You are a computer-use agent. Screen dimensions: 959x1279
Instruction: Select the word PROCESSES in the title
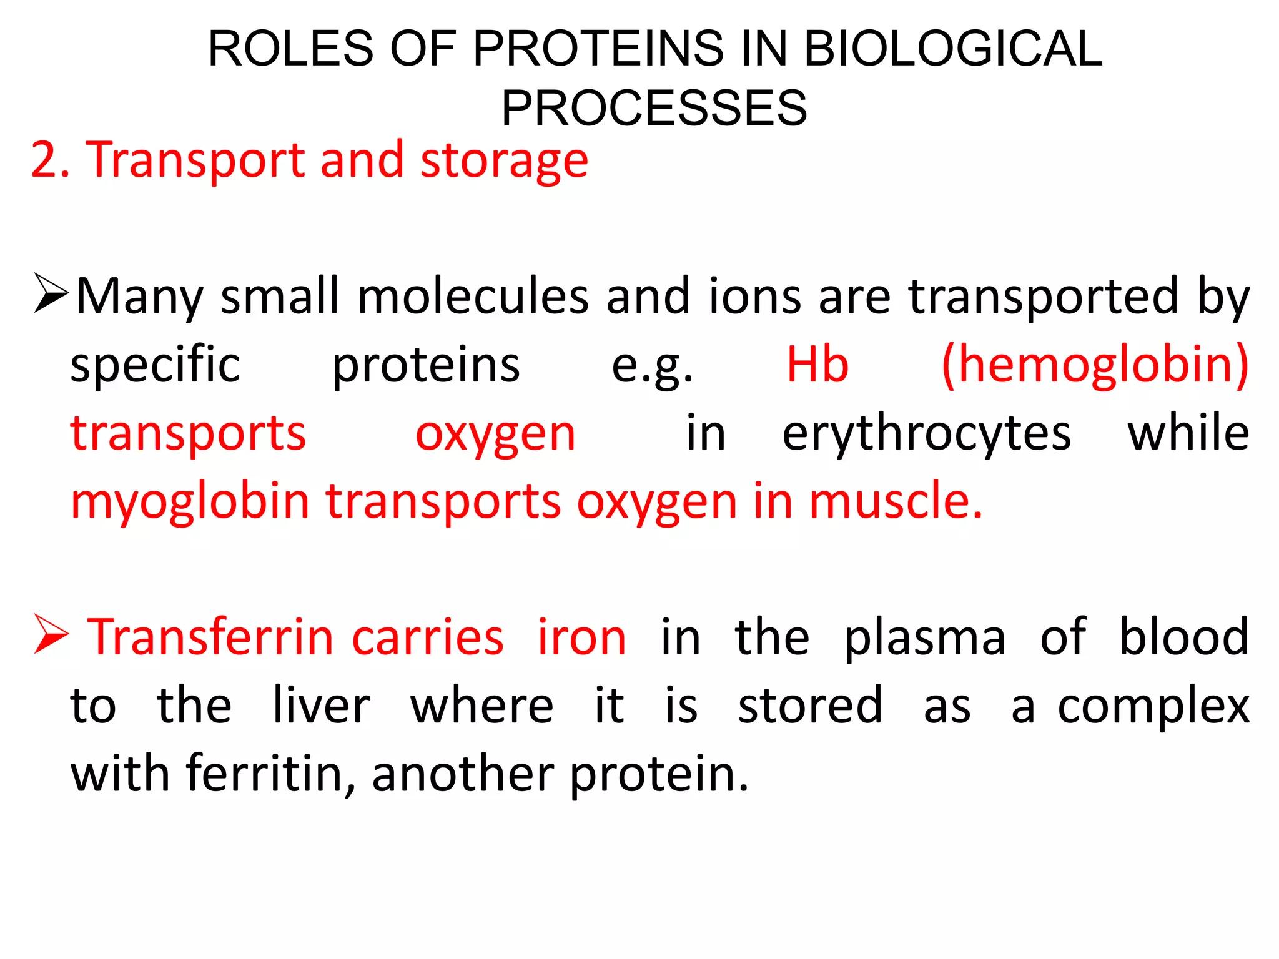(x=654, y=108)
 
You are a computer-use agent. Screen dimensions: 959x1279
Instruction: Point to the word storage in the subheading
(x=504, y=161)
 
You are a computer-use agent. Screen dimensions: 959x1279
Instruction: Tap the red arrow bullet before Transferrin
(x=51, y=634)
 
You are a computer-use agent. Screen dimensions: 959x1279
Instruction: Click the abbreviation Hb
(x=817, y=364)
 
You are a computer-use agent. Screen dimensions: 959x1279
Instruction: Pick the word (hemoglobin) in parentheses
(x=1095, y=364)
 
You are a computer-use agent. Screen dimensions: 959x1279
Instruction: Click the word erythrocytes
(x=926, y=433)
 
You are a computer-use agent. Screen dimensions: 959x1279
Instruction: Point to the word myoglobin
(x=190, y=501)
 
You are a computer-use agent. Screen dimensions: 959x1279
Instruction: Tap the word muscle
(x=896, y=501)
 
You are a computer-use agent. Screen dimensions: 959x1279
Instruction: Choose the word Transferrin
(x=295, y=637)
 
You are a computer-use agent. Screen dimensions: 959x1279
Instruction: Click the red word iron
(x=581, y=637)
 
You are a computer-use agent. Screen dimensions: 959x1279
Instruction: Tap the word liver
(x=322, y=706)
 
